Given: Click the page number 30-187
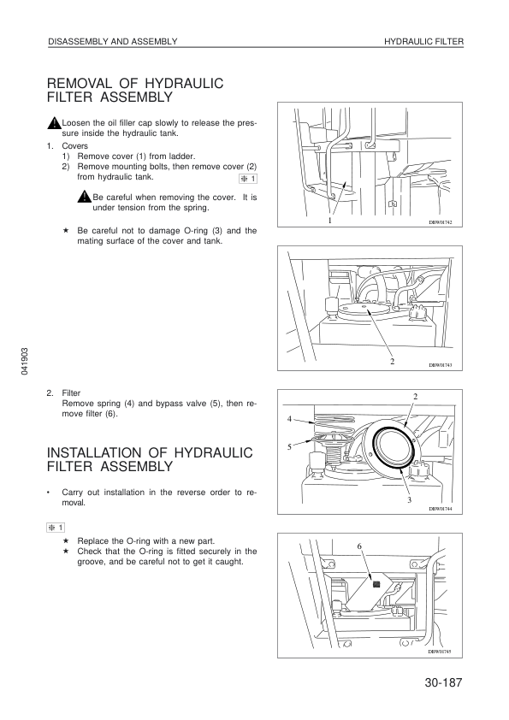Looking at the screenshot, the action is [443, 683].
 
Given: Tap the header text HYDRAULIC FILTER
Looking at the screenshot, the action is [424, 42].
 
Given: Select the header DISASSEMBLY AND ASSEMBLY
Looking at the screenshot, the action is [113, 42].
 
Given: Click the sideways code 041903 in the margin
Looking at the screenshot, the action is [25, 361].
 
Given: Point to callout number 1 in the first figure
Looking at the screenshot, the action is [329, 221].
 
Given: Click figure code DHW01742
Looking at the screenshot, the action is [441, 221].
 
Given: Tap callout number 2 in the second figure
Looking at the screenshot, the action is [393, 362].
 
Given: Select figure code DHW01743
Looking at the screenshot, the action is [441, 365].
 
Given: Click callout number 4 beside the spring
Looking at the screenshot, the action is [289, 418].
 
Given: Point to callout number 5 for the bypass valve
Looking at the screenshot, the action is [289, 446].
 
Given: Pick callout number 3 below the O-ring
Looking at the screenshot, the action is [409, 499].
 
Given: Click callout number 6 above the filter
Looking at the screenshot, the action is [359, 546].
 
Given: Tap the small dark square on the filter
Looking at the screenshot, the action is [377, 584].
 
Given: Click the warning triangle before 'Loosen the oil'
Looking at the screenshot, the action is [54, 123].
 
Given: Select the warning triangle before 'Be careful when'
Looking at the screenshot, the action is [85, 197].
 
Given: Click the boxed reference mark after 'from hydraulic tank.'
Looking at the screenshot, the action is [248, 179].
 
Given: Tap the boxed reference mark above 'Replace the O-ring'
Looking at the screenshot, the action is [56, 527].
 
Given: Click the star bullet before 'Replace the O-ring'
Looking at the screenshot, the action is [66, 541].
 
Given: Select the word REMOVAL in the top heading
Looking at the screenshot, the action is [79, 84].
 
